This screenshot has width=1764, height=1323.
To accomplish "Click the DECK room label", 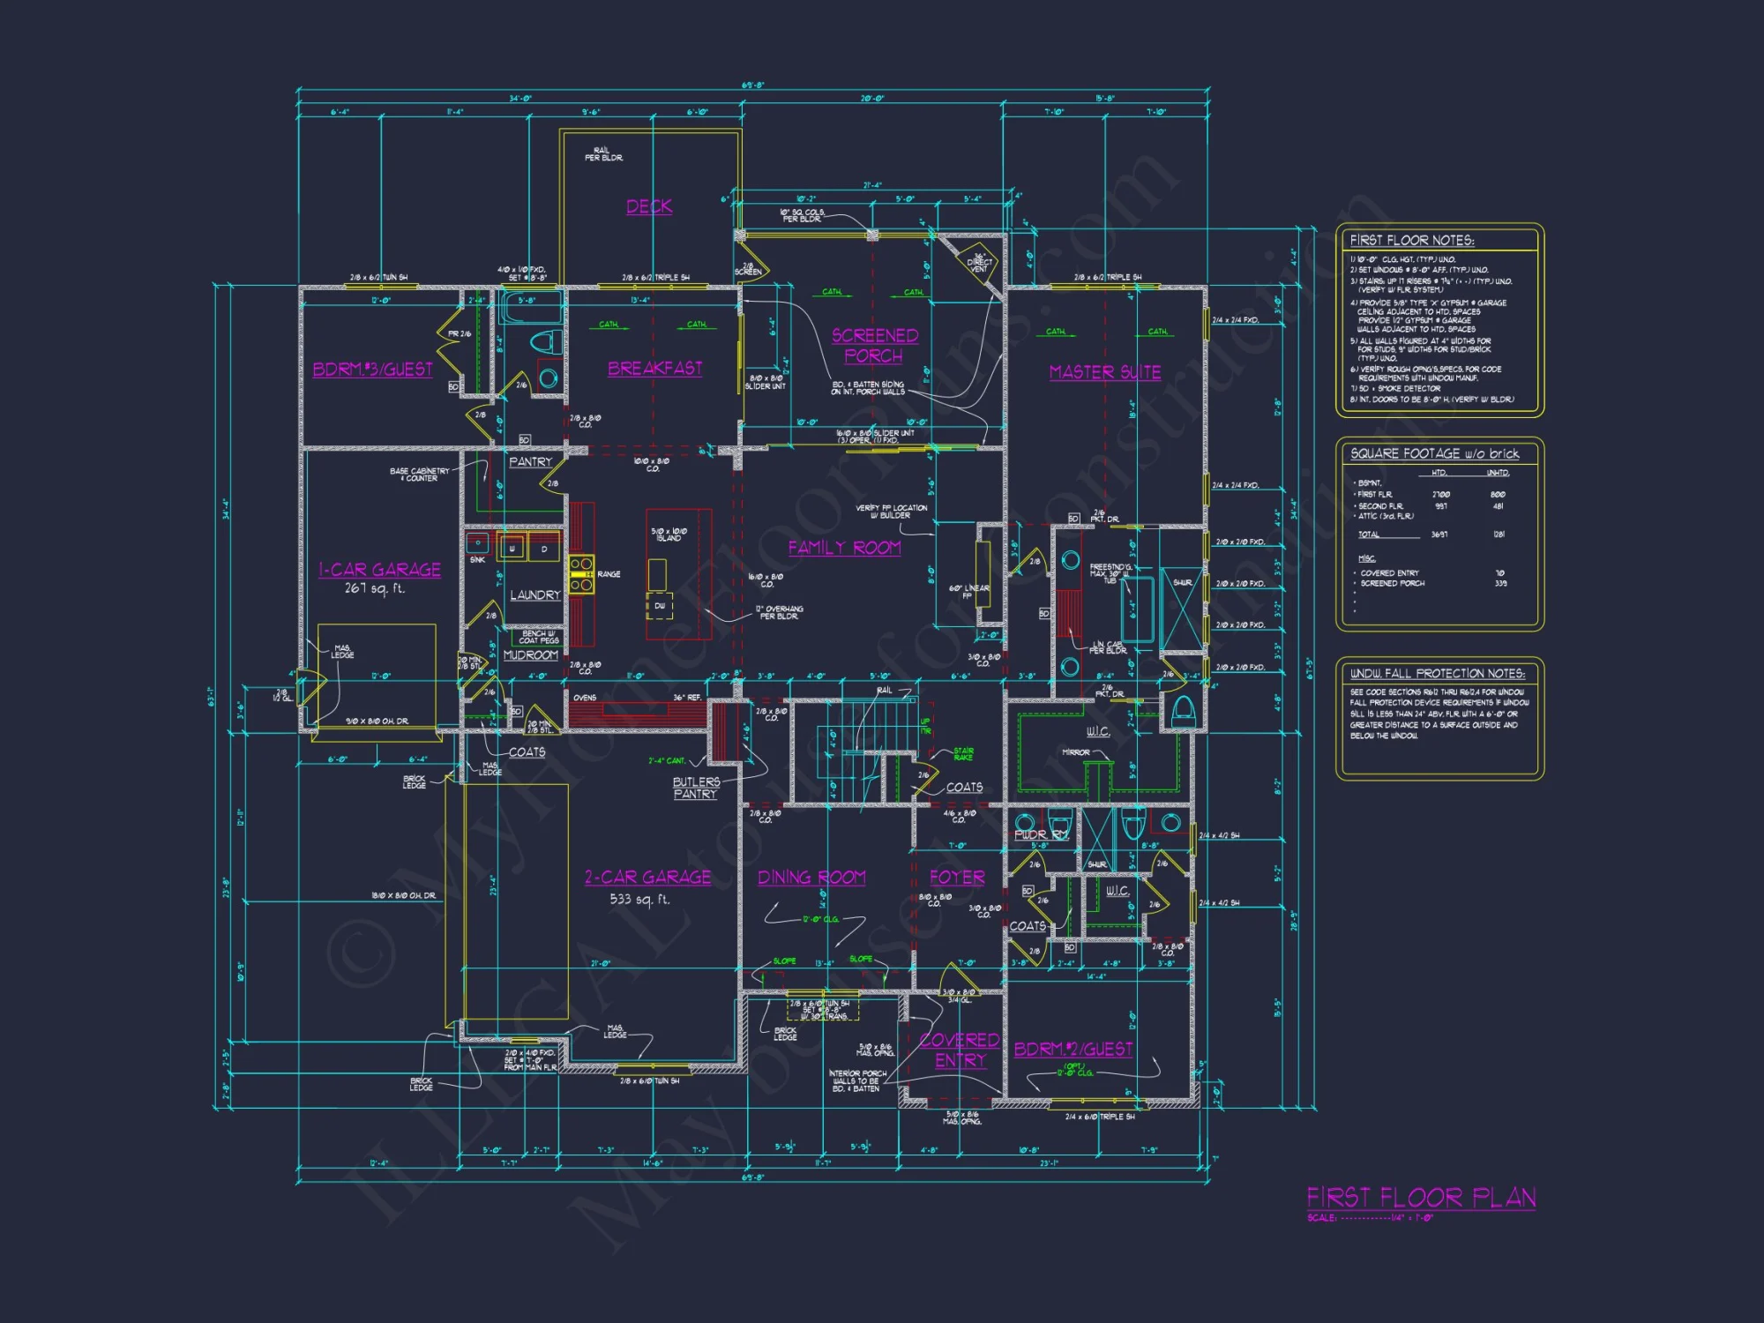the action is pyautogui.click(x=649, y=206).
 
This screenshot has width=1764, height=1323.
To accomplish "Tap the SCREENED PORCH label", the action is pyautogui.click(x=874, y=346).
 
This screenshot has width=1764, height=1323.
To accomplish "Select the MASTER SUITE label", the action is pyautogui.click(x=1105, y=372).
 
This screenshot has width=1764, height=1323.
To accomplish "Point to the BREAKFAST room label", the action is pyautogui.click(x=654, y=369).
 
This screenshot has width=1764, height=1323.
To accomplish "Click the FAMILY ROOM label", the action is pyautogui.click(x=844, y=548).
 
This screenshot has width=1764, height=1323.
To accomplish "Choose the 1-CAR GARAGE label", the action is pyautogui.click(x=379, y=570).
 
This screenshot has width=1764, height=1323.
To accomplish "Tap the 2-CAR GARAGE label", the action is pyautogui.click(x=647, y=877).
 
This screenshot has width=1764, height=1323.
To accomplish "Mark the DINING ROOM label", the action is pyautogui.click(x=811, y=878).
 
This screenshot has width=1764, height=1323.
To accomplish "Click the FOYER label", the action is pyautogui.click(x=957, y=878).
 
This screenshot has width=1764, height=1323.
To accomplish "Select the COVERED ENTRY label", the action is pyautogui.click(x=960, y=1050).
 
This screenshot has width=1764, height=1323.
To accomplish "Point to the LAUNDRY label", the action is pyautogui.click(x=534, y=595).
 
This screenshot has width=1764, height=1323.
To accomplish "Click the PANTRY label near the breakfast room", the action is pyautogui.click(x=530, y=462).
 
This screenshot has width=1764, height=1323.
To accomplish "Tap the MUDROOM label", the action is pyautogui.click(x=530, y=655).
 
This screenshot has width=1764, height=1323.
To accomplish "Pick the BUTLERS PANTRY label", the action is pyautogui.click(x=696, y=789).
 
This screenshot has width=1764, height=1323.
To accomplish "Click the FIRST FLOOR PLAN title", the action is pyautogui.click(x=1421, y=1198).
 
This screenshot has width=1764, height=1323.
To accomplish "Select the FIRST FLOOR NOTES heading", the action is pyautogui.click(x=1411, y=240).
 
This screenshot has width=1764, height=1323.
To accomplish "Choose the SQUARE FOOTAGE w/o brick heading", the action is pyautogui.click(x=1434, y=453).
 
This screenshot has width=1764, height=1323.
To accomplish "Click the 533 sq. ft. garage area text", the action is pyautogui.click(x=639, y=900).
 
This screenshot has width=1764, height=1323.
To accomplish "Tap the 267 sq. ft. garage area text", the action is pyautogui.click(x=374, y=588).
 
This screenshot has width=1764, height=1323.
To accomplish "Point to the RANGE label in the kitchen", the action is pyautogui.click(x=609, y=574).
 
